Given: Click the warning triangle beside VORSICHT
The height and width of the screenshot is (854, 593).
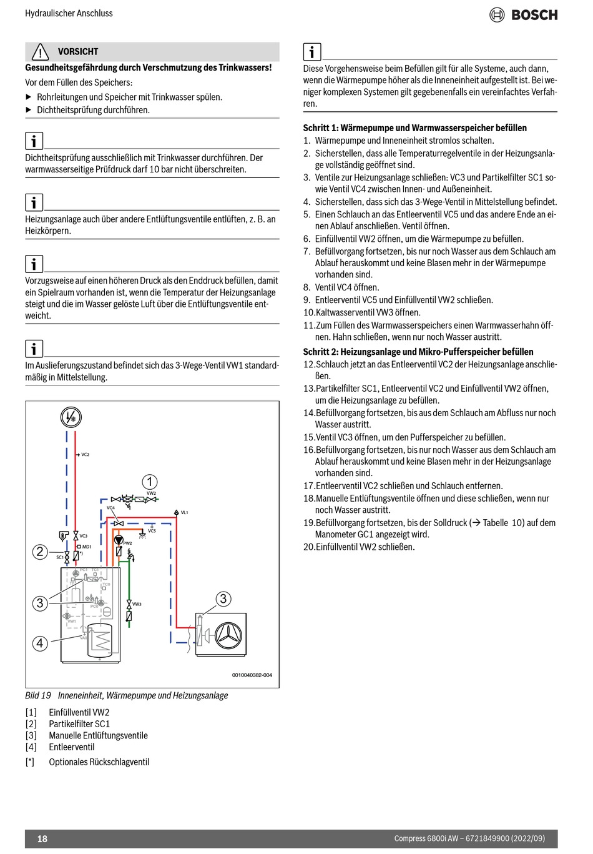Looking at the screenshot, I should [40, 52].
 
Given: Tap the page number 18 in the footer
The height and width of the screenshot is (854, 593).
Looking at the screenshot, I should [42, 838].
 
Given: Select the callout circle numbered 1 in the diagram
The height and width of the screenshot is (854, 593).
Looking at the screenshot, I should [150, 482].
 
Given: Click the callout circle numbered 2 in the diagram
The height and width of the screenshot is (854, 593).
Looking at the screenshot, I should [40, 551].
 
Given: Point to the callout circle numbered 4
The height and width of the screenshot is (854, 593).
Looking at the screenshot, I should [40, 643].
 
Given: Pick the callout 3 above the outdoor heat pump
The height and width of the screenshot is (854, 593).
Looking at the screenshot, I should [223, 599].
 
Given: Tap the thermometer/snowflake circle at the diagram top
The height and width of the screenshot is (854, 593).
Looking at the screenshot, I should [71, 417].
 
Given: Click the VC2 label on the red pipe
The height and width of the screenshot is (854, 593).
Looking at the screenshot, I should [85, 455].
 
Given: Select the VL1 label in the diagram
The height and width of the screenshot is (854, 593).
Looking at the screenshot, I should [184, 512].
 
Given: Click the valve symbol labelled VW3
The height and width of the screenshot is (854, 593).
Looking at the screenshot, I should [129, 604].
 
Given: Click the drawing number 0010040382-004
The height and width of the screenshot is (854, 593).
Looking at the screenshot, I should [252, 675].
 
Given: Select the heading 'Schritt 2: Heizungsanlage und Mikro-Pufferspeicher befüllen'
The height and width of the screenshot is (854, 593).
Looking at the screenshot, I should [418, 352].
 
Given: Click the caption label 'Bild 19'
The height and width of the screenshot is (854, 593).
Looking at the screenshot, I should [38, 695].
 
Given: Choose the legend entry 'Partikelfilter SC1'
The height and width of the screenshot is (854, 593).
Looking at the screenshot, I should [79, 724].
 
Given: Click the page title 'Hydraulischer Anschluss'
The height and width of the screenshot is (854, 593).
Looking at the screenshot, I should [69, 13].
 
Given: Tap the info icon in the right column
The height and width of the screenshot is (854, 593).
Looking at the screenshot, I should [311, 52].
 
